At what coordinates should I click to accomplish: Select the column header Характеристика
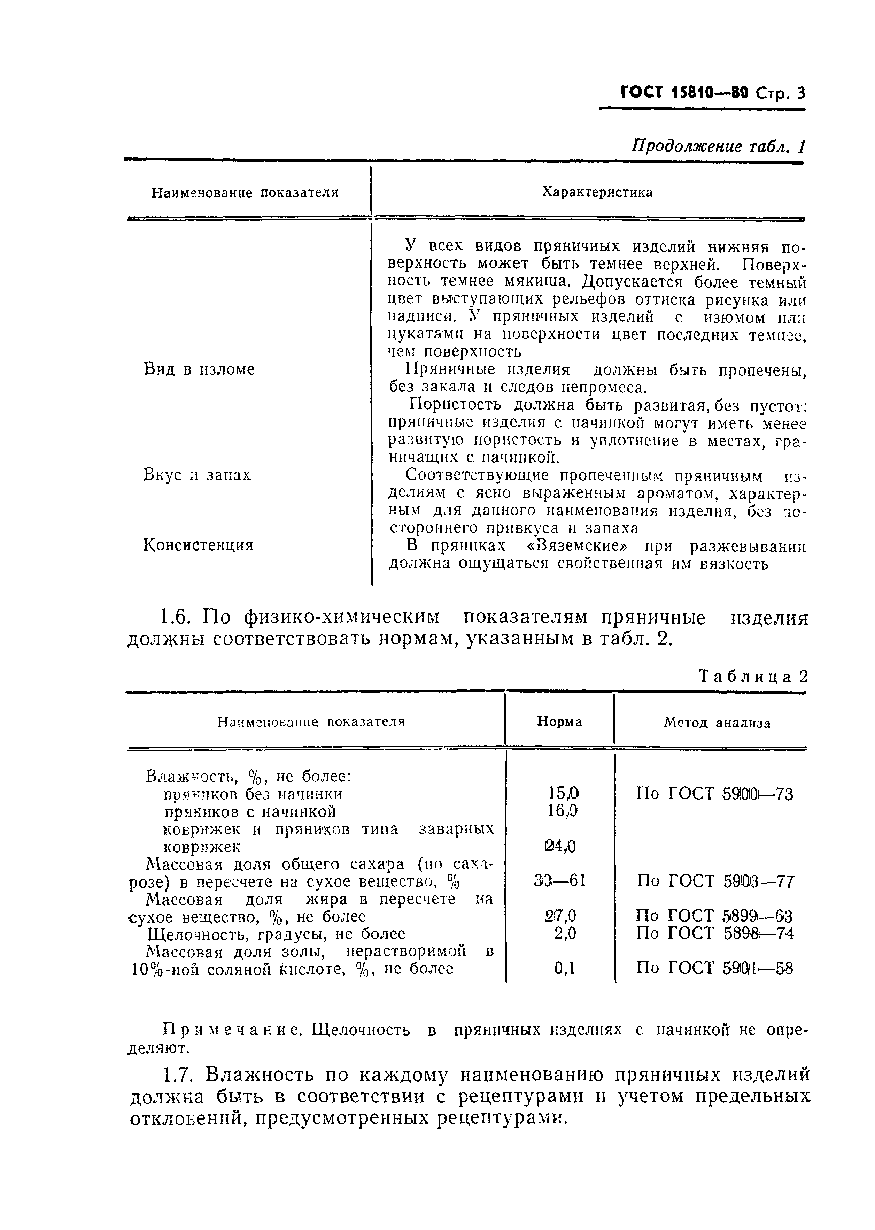point(597,192)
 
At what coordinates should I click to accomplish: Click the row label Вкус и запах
point(197,475)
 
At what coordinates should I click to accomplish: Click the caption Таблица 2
point(753,677)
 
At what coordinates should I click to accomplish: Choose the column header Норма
point(559,722)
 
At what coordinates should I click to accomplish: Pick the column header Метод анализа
point(717,723)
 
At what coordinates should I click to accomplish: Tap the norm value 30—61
point(559,881)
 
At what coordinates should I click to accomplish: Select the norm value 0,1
point(564,969)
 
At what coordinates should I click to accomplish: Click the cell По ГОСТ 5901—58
point(714,969)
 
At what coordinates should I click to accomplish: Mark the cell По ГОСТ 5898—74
point(714,933)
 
